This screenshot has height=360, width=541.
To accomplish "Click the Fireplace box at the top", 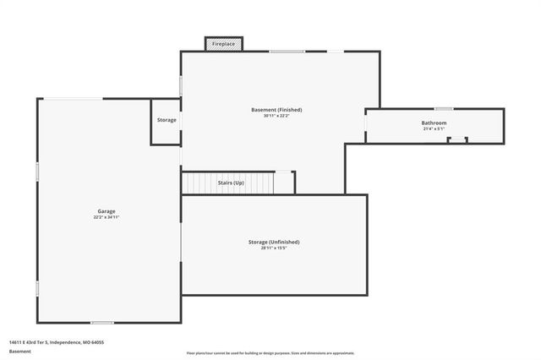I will point(224,43).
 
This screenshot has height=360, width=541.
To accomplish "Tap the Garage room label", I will point(106,211).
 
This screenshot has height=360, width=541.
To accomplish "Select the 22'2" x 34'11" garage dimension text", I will point(106,218).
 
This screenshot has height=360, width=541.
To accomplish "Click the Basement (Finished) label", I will point(276,110).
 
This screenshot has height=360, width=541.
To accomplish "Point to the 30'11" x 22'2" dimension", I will point(276,117).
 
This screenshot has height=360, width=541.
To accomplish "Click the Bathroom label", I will point(434,123).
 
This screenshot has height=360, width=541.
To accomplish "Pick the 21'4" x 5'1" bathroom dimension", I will point(434,129).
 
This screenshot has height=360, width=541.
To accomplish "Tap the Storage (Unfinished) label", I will point(274,242).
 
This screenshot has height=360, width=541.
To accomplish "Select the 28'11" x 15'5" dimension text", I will point(274,248).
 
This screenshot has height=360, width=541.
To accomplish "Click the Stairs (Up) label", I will point(231,183).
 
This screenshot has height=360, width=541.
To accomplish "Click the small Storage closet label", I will point(167,120).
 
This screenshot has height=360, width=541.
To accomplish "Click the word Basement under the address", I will point(20,351).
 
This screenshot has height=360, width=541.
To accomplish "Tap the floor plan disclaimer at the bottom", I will point(270,352).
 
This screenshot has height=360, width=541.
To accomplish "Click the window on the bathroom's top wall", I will point(443,108).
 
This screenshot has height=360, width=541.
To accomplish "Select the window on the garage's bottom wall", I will point(102,322).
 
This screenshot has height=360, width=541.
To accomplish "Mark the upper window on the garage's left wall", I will point(37,171).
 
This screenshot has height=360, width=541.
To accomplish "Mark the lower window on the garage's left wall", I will point(37,288).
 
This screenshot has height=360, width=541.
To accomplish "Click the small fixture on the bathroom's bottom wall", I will point(457,139).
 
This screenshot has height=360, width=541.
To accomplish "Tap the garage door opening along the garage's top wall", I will point(74,99).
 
